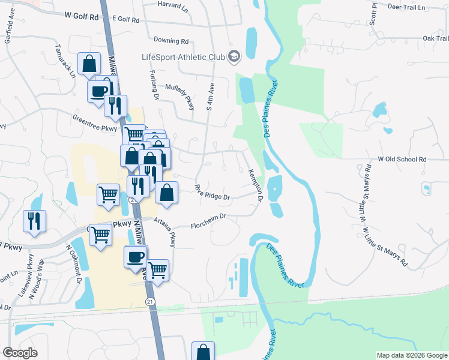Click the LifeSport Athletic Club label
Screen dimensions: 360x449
tap(182, 58)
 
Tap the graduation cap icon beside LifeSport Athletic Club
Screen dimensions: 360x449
tap(234, 57)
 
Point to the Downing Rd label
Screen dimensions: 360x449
tap(171, 41)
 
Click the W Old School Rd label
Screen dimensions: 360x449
tap(402, 160)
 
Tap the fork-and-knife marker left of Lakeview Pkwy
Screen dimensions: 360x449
tap(34, 221)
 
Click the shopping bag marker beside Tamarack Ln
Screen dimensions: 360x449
tap(89, 63)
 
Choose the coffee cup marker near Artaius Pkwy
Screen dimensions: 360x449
tap(135, 256)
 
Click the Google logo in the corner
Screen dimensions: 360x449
tap(20, 353)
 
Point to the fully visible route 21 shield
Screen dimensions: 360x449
tap(149, 299)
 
